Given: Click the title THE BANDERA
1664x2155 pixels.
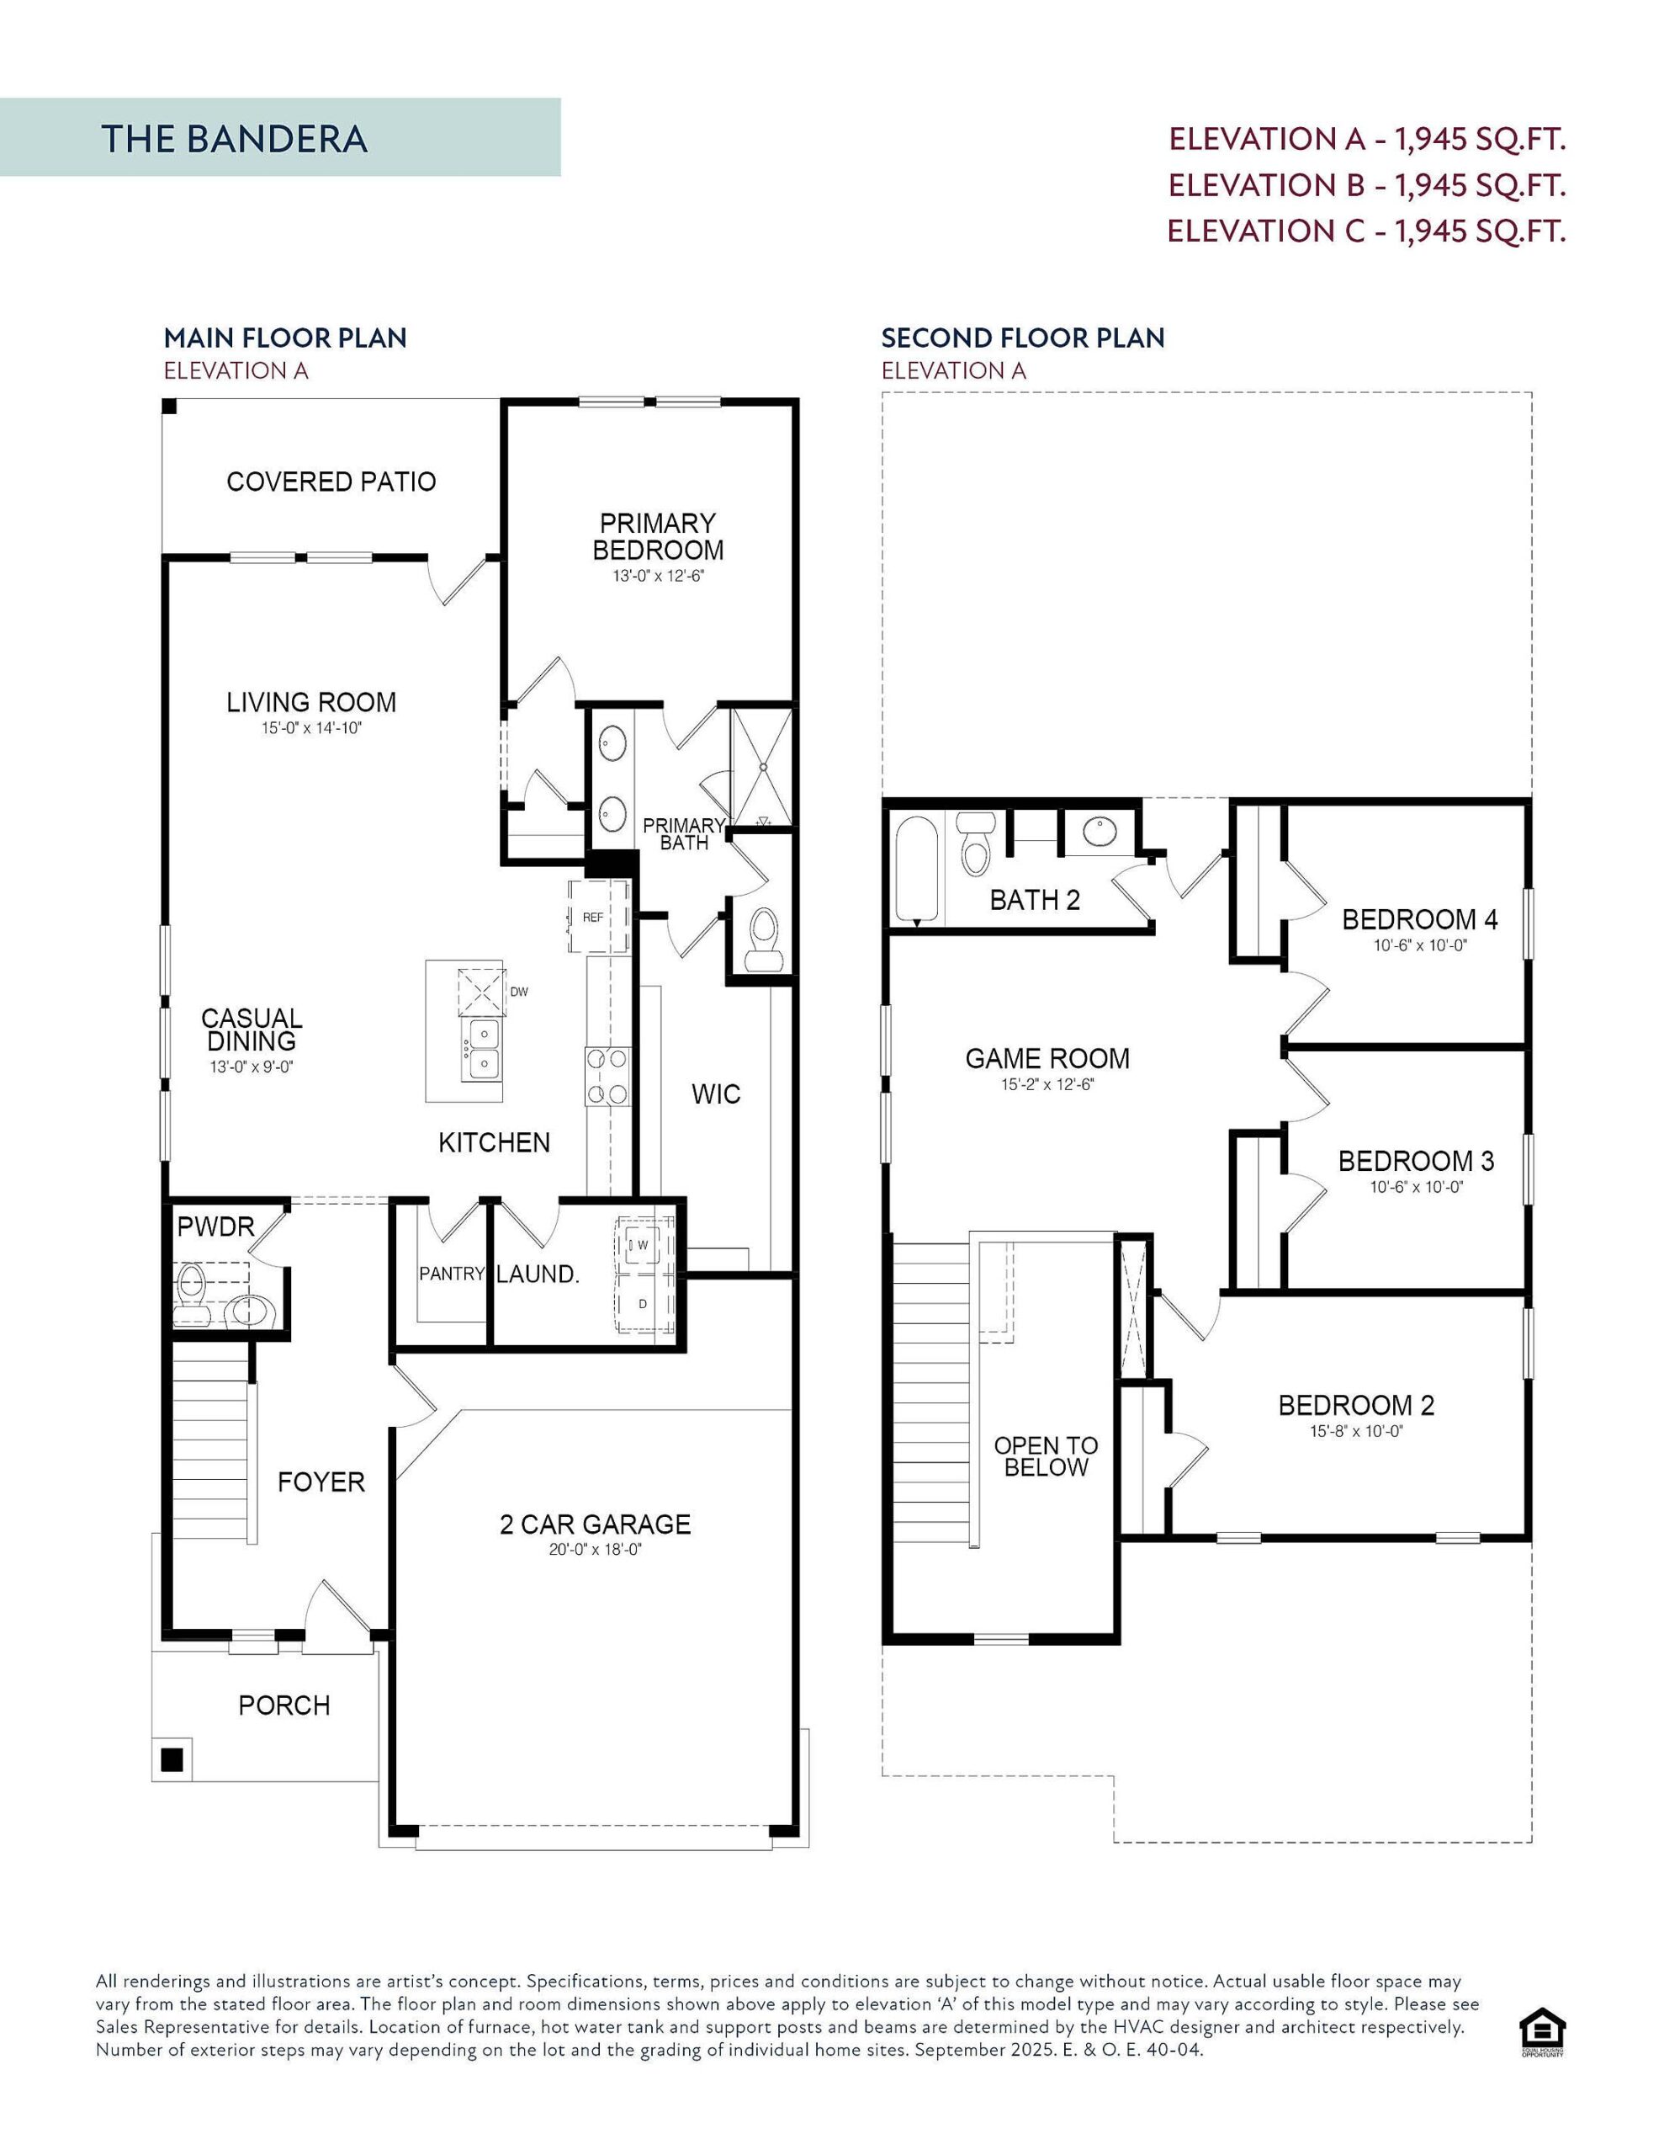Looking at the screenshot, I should pyautogui.click(x=234, y=139).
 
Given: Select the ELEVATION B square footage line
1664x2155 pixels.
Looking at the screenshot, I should pyautogui.click(x=1366, y=184).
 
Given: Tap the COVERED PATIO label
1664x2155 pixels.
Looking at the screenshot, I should pyautogui.click(x=331, y=482).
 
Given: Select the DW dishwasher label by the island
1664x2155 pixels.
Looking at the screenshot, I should pyautogui.click(x=519, y=992).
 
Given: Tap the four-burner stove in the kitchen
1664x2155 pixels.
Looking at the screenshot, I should pyautogui.click(x=607, y=1076).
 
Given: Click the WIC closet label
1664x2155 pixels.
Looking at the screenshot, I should pyautogui.click(x=715, y=1094).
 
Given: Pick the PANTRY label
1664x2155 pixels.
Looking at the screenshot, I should pyautogui.click(x=452, y=1274).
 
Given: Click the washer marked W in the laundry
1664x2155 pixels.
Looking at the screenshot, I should pyautogui.click(x=642, y=1245).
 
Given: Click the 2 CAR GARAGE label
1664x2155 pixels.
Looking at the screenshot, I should pyautogui.click(x=595, y=1524).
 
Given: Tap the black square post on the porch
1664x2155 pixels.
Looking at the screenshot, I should pyautogui.click(x=172, y=1759).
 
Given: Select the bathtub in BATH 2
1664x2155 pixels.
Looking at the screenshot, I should pyautogui.click(x=916, y=869).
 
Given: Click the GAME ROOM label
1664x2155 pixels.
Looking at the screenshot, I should pyautogui.click(x=1047, y=1059).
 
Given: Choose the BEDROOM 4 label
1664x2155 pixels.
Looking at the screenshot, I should pyautogui.click(x=1418, y=919).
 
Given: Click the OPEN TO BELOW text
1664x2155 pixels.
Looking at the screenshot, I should pyautogui.click(x=1046, y=1455).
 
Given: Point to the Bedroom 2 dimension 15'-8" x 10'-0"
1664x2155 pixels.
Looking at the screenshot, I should pyautogui.click(x=1356, y=1431).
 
